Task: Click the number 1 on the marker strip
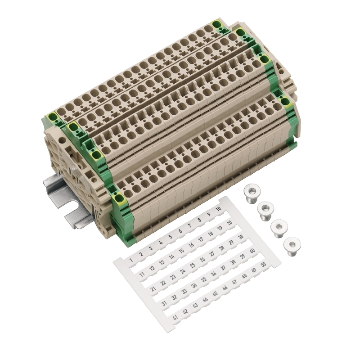(131, 260)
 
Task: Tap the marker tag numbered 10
(219, 209)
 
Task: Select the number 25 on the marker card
(193, 265)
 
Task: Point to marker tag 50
(263, 264)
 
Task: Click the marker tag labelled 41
(175, 318)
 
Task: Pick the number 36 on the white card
(213, 274)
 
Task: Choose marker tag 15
(181, 251)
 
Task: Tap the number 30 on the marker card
(241, 237)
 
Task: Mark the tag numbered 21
(153, 288)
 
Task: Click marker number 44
(205, 300)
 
